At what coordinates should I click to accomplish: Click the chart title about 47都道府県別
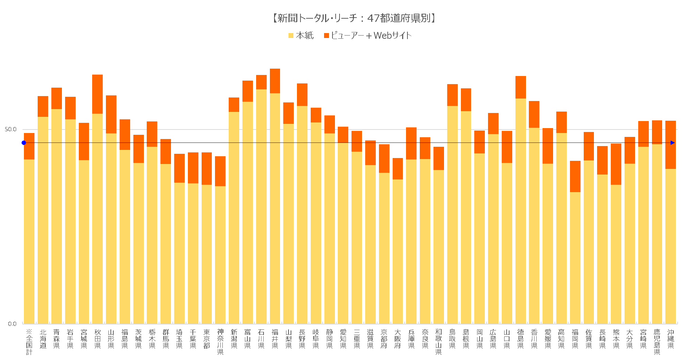point(353,18)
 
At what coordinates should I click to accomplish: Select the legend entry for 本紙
point(301,36)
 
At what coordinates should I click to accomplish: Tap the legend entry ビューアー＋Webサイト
point(367,36)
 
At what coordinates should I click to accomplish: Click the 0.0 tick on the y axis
point(12,323)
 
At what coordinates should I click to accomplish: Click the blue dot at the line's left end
point(24,143)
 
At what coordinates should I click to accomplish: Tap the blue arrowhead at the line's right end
point(672,143)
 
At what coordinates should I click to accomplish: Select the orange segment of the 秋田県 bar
point(97,94)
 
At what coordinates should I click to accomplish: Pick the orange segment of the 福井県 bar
point(275,81)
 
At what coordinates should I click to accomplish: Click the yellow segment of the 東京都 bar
point(207,253)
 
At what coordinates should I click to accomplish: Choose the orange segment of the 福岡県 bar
point(575,176)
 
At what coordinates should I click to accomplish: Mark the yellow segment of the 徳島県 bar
point(520,211)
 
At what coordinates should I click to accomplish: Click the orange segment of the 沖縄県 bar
point(670,145)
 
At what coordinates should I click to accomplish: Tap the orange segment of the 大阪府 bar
point(398,169)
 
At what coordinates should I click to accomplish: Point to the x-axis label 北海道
point(43,339)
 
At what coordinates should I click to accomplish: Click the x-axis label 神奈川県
point(220,342)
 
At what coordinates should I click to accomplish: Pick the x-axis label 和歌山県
point(438,342)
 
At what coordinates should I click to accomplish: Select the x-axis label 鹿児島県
point(657,342)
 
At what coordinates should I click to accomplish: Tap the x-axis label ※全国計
point(29,342)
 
